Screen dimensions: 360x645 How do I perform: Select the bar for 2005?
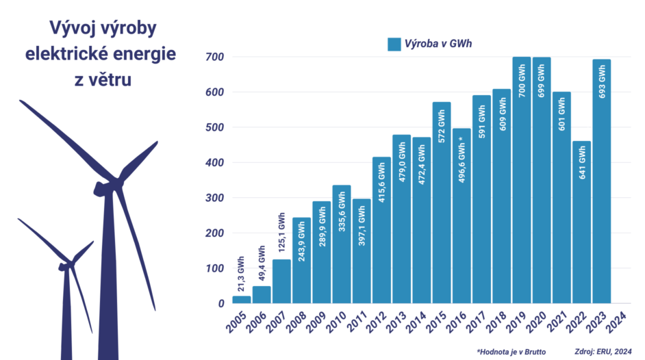pos(241,299)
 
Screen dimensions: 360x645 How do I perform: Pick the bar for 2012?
pos(381,230)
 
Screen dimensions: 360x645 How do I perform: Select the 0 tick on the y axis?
pos(220,304)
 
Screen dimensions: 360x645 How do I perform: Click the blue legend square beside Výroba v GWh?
pos(394,44)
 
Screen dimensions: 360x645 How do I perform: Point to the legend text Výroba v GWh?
pos(439,44)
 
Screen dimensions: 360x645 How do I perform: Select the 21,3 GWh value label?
pos(242,273)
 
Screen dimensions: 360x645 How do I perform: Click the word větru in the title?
pos(103,79)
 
